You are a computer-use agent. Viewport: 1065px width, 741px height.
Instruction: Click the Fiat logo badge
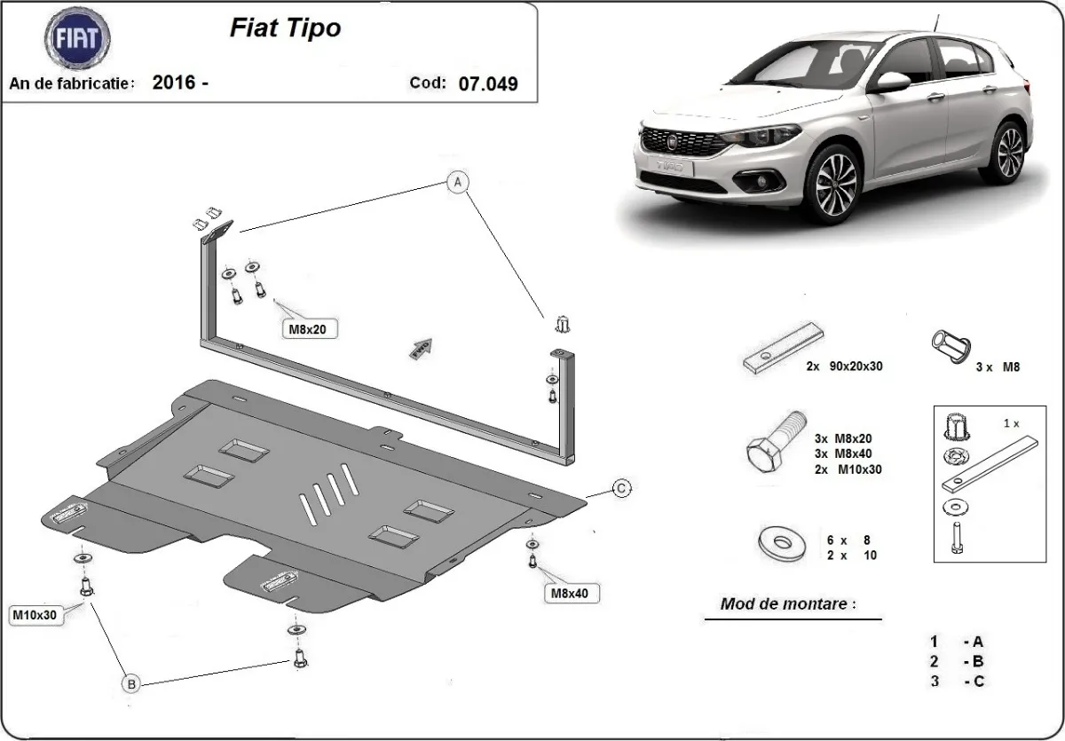tap(77, 39)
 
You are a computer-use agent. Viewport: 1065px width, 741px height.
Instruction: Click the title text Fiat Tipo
tap(285, 28)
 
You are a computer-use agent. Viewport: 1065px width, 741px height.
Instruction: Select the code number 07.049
tap(488, 83)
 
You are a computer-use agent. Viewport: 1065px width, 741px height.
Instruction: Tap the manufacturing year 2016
tap(173, 83)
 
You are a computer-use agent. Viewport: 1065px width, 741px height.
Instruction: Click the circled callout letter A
tap(457, 183)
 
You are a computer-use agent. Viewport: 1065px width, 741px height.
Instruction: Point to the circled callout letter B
tap(130, 683)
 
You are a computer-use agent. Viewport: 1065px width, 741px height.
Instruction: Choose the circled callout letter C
tap(622, 487)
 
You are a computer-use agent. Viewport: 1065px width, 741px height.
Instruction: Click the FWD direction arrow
tap(420, 348)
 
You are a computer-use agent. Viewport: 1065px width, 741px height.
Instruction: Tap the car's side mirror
tap(893, 83)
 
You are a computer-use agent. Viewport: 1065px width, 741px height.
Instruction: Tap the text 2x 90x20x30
tap(843, 366)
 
